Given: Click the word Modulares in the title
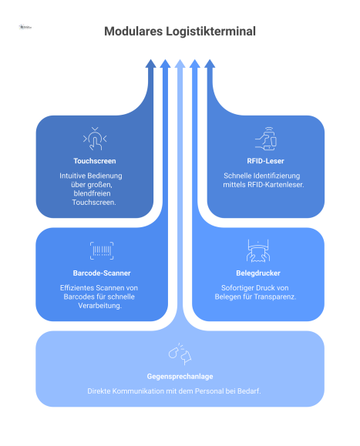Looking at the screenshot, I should coord(131,32).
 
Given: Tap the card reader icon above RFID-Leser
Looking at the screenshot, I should coord(266,139).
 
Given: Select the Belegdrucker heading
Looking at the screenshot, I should coord(258,273).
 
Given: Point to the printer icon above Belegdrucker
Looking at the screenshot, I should coord(258,250).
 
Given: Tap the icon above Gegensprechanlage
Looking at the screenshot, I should coord(180,354).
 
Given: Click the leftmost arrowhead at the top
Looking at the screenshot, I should coord(151,63).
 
